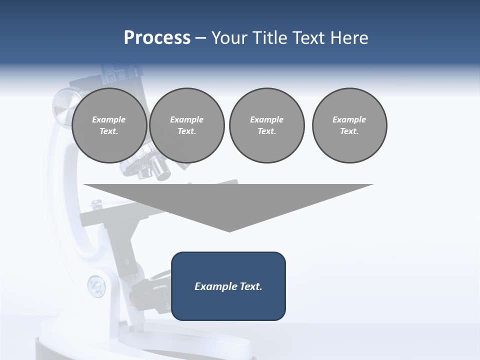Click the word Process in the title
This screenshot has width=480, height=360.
tap(157, 38)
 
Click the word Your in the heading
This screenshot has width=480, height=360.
tap(230, 38)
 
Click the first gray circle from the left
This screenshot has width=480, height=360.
tap(109, 125)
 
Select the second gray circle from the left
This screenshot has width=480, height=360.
tap(187, 125)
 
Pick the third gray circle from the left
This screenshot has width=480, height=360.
tap(266, 125)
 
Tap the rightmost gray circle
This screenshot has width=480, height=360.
tap(349, 125)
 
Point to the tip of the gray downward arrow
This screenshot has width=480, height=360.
tap(229, 230)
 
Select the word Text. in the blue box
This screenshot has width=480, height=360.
tap(251, 286)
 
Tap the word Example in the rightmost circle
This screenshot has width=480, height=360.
tap(349, 119)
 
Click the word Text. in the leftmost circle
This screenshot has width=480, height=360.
tap(109, 131)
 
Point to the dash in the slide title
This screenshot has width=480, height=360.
tap(201, 38)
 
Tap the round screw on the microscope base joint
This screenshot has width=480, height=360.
tap(96, 286)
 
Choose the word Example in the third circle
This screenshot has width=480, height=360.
tap(266, 119)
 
